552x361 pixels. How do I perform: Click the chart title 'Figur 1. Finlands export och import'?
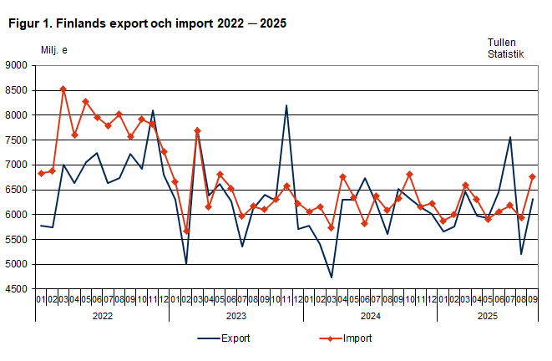coord(147,23)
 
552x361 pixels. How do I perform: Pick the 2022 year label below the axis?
coord(102,316)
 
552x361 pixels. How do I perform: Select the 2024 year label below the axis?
coord(370,316)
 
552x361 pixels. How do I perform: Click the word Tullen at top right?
coord(503,42)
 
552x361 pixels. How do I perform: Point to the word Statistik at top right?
coord(505,54)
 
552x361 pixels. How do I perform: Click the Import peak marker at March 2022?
coord(63,89)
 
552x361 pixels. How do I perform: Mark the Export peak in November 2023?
coord(286,105)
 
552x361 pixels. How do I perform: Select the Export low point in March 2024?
coord(332,277)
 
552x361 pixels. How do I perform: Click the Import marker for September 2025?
coord(533,176)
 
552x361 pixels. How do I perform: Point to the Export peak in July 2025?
coord(510,137)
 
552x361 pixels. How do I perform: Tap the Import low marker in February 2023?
coord(186,231)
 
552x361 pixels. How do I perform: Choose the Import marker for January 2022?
coord(41,173)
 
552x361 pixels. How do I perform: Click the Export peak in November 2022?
coord(152,110)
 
